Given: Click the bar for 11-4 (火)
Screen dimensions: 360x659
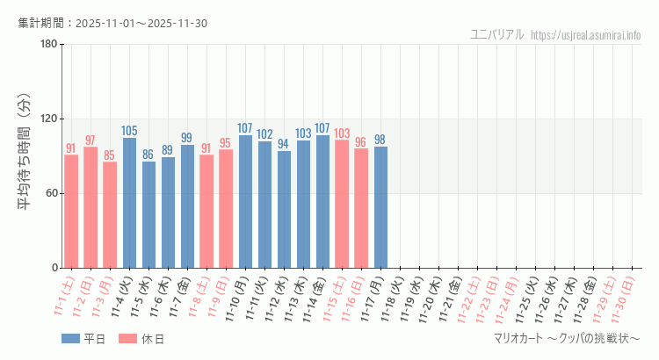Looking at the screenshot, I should coord(129,203).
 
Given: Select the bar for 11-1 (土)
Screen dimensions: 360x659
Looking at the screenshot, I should coord(71,211).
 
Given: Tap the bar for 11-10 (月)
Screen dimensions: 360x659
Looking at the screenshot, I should coord(245,201).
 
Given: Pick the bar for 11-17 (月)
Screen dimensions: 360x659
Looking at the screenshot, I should coord(380,207).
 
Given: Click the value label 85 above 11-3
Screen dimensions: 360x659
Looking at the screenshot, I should coord(110,155).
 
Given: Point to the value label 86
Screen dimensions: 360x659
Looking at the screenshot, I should coord(148,155).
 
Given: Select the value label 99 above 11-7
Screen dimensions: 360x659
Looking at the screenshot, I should coord(187,138).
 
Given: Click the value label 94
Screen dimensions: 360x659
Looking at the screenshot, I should coord(284,144).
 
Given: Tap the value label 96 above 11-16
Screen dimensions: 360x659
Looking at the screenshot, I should coord(361,141).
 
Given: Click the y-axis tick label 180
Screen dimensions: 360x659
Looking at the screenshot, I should coord(48,44).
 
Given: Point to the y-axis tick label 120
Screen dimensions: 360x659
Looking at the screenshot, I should coord(48,119).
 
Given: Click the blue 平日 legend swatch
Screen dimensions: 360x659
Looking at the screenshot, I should coord(70,339).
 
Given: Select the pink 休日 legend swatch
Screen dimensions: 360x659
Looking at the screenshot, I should coord(127,339).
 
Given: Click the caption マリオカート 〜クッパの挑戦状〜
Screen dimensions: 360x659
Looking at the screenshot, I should coord(568,339).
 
